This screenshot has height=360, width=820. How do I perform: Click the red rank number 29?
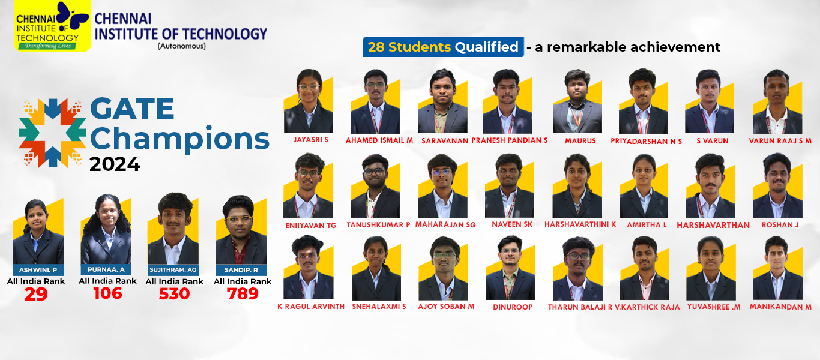tap(36, 294)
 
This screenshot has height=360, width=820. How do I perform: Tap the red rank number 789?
tap(243, 294)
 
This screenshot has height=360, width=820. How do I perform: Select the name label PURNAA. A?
tap(106, 269)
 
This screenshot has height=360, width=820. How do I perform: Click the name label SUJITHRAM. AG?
tap(173, 270)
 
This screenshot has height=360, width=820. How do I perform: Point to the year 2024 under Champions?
tap(115, 164)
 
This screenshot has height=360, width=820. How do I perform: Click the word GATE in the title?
tap(132, 109)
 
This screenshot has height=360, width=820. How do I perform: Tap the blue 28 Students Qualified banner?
tap(443, 47)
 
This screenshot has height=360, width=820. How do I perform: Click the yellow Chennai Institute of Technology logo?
tap(52, 26)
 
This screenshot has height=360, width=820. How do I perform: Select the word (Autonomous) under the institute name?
tap(181, 46)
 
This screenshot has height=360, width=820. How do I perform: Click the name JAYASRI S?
tap(310, 140)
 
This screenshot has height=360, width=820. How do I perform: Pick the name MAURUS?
tap(580, 141)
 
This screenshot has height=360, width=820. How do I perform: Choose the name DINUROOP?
tap(513, 307)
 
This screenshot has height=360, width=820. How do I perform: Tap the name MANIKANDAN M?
tap(780, 307)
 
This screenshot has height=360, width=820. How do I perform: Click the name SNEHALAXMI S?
tap(379, 307)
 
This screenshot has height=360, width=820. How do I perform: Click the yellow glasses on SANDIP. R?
tap(239, 220)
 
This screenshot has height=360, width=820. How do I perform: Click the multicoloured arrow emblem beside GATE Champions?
tap(53, 133)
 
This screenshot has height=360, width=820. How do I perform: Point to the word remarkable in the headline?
tap(585, 47)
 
